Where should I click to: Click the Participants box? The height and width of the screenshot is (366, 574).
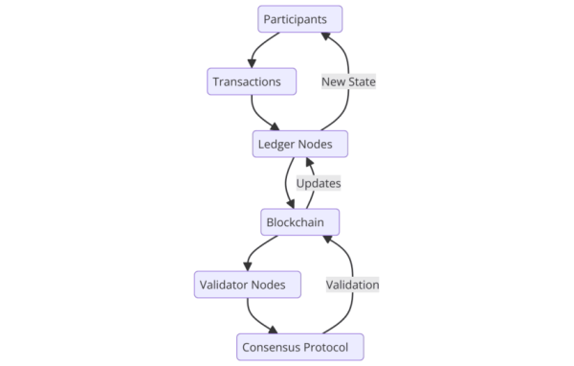tap(299, 18)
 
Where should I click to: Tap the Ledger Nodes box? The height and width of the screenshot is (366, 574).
tap(299, 144)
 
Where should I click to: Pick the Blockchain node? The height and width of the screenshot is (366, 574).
tap(299, 222)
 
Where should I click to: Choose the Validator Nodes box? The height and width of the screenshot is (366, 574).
tap(247, 284)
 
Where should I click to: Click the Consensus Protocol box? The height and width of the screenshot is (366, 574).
tap(300, 346)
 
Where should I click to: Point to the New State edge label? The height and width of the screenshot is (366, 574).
tap(348, 81)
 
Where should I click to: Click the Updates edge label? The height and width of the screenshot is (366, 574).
tap(318, 182)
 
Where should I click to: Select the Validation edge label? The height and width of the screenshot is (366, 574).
tap(352, 284)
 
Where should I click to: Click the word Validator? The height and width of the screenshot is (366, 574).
tap(226, 284)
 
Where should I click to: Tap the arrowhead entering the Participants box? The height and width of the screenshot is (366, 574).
tap(325, 35)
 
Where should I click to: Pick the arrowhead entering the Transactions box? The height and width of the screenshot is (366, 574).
tap(251, 63)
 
